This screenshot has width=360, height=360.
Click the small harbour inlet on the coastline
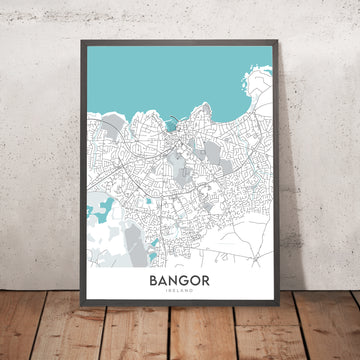pyautogui.click(x=171, y=126)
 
